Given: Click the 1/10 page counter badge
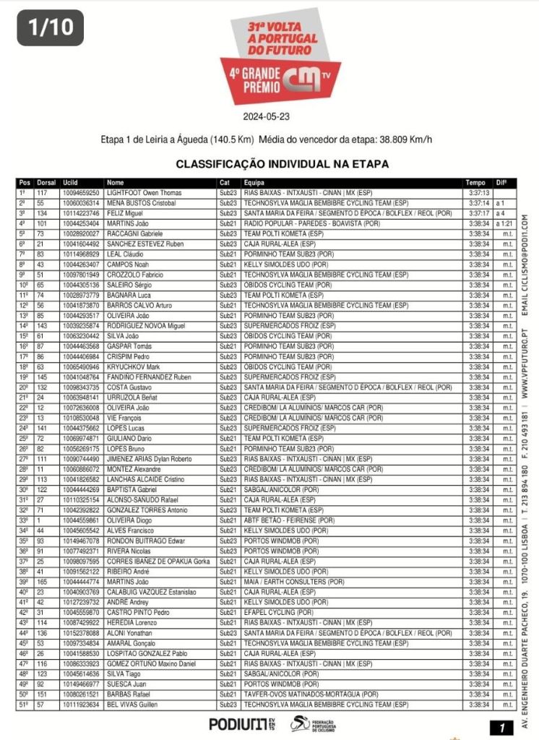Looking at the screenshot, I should point(51,27).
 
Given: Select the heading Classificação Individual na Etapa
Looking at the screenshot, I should point(283,164).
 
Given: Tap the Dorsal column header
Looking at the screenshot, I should point(46,183).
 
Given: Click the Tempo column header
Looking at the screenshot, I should point(475,183).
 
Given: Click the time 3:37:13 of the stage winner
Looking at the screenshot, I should point(479,194).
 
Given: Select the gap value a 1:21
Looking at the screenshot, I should point(504,224).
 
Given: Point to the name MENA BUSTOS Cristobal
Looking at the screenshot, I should point(138,204).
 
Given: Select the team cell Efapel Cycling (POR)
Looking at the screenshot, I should point(279,612).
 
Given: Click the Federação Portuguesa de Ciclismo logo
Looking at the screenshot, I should point(314,723).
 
